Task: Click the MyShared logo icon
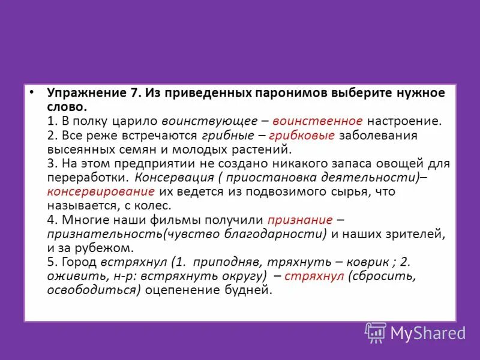click(x=376, y=332)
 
